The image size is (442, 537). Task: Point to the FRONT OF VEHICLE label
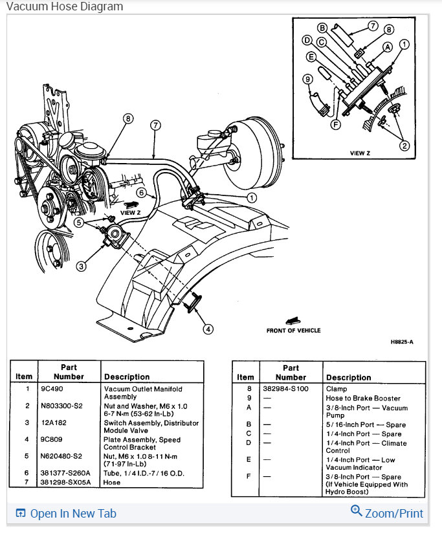293,330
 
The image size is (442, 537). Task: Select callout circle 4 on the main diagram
208,329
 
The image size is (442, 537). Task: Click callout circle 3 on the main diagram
81,266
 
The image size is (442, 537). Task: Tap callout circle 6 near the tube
141,192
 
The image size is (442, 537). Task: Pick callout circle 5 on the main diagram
78,222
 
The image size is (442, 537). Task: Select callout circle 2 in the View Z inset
404,146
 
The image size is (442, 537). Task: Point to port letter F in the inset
335,123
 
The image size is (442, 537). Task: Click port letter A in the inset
387,47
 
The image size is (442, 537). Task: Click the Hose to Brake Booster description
363,399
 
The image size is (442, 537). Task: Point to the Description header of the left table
126,377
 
